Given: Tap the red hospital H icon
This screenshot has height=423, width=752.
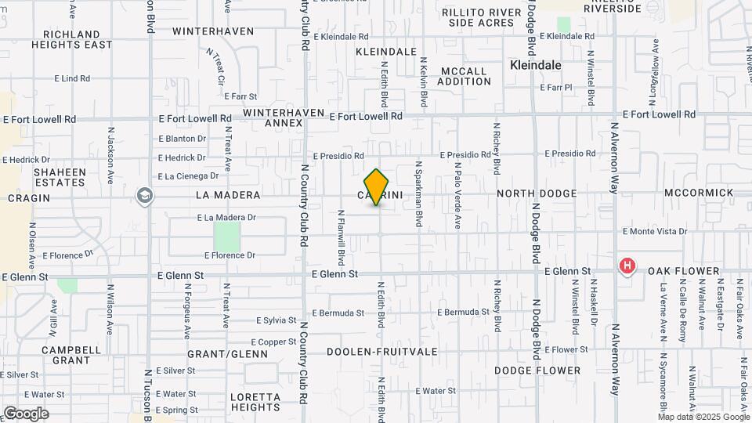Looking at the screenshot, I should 627,266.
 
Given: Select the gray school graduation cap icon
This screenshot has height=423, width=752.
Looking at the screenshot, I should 144,195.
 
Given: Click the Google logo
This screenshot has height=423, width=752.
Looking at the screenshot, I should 26,414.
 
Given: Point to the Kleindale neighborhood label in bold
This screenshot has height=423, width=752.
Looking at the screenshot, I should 536,66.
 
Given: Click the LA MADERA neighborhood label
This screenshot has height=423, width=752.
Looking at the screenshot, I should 227,193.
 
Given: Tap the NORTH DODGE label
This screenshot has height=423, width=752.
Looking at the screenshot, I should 537,193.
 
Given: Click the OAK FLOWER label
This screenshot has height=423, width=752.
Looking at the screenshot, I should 683,271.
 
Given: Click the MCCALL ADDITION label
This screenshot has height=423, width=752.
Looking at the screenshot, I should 464,76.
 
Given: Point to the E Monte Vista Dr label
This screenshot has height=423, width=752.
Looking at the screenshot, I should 654,232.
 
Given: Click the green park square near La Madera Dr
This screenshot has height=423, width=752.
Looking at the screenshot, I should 227,237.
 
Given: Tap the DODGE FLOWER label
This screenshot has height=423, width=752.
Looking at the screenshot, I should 537,371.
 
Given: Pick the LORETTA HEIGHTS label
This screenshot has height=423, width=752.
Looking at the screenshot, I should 255,402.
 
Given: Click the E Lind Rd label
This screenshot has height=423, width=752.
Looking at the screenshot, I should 72,78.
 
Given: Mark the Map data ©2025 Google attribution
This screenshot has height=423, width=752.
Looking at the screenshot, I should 704,417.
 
